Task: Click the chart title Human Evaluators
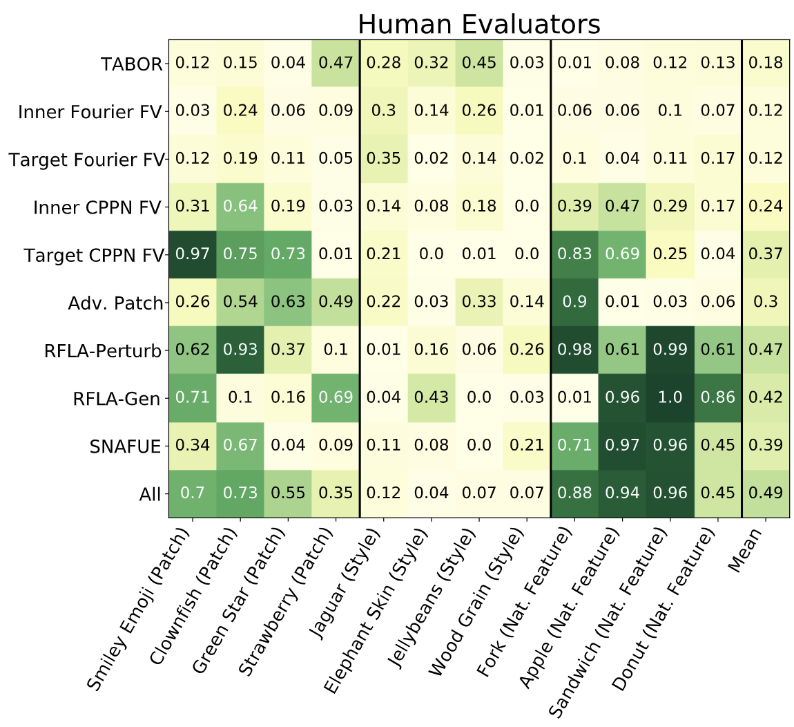click(x=478, y=24)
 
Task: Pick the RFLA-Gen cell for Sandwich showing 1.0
click(x=670, y=398)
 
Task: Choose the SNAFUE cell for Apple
click(x=622, y=446)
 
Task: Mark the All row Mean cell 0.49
click(x=765, y=493)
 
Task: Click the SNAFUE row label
click(x=125, y=446)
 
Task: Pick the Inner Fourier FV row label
click(x=90, y=112)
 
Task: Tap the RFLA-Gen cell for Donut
click(x=717, y=398)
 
